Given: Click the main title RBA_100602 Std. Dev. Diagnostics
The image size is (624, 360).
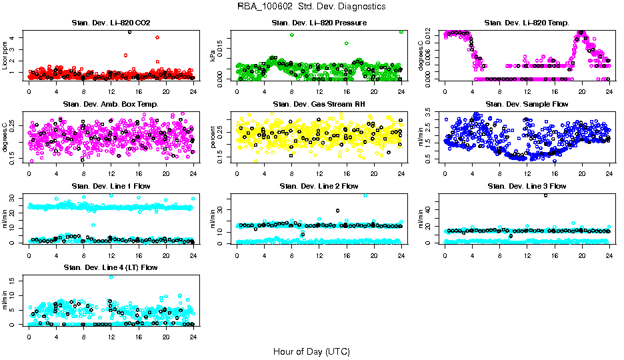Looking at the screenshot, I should click(x=311, y=7).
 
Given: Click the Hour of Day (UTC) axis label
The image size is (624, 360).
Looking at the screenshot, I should click(x=311, y=351).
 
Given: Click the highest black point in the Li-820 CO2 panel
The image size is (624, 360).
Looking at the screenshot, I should click(x=129, y=31).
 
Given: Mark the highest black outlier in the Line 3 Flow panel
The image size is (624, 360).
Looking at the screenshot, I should click(x=546, y=195).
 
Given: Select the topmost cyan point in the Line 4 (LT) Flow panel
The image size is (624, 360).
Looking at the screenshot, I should click(x=111, y=277).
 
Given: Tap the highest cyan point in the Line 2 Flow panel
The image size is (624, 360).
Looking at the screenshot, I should click(x=365, y=195).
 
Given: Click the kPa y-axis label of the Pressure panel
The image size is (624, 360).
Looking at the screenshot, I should click(x=213, y=57).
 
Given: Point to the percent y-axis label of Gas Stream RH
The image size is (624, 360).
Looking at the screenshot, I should click(x=213, y=138).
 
